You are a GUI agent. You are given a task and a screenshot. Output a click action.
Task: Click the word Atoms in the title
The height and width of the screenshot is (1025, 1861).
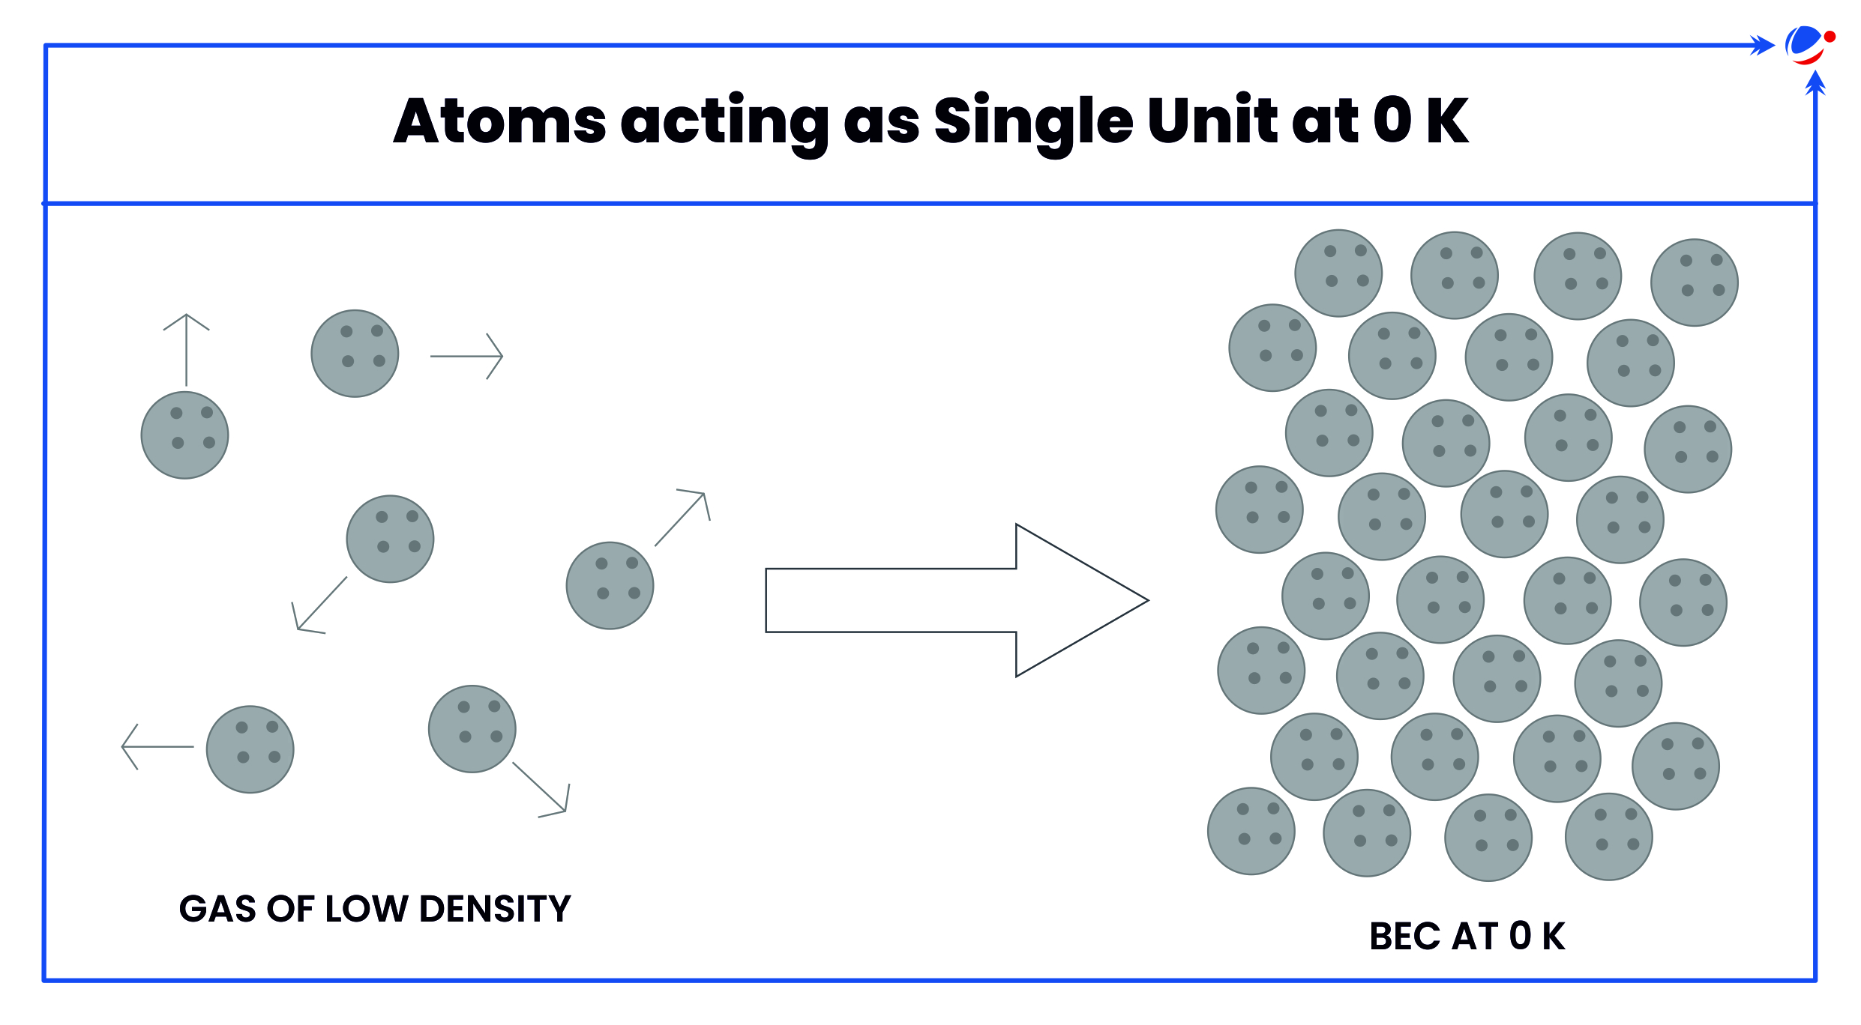499,121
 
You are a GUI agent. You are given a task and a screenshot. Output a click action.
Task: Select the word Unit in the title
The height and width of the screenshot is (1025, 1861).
1212,119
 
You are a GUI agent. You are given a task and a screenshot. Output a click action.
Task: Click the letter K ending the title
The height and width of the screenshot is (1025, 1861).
1447,121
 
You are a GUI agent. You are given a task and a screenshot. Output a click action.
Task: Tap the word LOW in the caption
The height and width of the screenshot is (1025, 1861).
365,909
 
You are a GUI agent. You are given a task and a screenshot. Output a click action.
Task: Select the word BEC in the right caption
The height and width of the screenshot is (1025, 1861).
1406,937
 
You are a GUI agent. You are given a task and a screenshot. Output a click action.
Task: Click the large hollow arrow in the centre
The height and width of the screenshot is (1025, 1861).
957,600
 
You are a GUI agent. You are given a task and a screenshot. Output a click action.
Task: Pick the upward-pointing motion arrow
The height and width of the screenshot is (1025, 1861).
186,350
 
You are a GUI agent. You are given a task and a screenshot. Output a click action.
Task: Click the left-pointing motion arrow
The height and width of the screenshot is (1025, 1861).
157,747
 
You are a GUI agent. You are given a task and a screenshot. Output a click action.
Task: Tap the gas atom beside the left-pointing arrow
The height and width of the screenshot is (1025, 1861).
250,749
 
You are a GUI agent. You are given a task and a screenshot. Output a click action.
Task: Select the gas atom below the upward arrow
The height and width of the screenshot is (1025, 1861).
184,435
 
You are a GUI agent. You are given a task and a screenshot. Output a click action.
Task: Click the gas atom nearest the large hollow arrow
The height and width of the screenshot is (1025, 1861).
610,586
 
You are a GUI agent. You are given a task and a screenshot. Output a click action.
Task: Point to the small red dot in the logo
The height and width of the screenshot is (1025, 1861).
1830,36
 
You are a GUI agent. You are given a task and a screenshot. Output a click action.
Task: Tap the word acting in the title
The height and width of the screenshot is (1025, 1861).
724,124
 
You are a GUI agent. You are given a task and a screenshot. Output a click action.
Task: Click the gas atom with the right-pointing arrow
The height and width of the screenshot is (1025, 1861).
355,354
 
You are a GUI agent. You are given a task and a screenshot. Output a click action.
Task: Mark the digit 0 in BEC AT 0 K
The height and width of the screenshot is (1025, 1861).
1520,937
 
